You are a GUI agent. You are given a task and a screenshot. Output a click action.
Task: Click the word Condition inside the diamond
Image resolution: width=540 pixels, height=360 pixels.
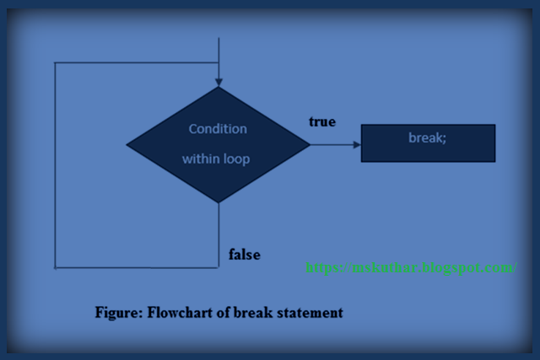(218, 129)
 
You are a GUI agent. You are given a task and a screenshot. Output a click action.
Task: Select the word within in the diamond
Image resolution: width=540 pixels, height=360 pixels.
(200, 159)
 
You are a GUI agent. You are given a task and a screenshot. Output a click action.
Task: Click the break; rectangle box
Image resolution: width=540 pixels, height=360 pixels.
(428, 143)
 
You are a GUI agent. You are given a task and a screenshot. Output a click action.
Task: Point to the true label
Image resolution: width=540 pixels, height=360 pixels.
(321, 122)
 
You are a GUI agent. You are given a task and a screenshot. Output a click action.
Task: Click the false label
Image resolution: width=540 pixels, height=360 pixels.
(245, 254)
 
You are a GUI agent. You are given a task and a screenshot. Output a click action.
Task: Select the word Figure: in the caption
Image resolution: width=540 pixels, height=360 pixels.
(118, 313)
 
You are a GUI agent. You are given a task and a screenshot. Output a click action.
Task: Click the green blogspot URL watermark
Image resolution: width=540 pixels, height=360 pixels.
(410, 267)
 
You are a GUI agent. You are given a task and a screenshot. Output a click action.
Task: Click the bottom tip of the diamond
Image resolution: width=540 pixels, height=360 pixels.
(219, 202)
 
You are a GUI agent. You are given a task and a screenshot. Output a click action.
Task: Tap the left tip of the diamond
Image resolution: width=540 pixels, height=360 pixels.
(127, 144)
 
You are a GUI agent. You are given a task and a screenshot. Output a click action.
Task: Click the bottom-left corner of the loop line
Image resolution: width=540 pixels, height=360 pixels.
(55, 267)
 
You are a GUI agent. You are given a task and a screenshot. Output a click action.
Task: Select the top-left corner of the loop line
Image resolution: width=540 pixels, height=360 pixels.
(55, 62)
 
